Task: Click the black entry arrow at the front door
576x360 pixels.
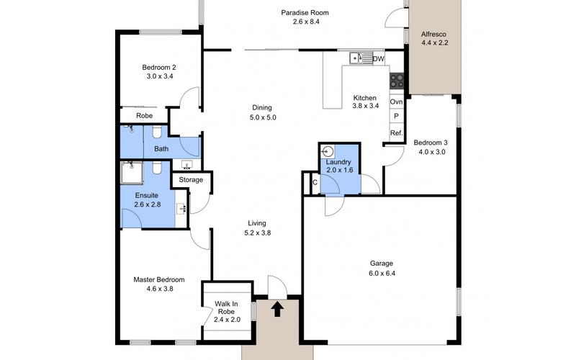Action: click(x=277, y=310)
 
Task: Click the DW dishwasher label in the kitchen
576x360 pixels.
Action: click(x=379, y=59)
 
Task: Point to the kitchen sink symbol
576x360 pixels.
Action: click(x=359, y=58)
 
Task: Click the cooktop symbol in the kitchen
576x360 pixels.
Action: click(x=397, y=81)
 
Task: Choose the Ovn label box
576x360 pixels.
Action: click(x=396, y=102)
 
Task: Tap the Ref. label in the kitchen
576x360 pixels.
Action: click(x=396, y=133)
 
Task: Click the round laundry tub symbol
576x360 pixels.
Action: click(x=329, y=152)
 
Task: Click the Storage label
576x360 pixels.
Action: click(x=191, y=179)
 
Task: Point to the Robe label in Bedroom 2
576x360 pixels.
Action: click(x=144, y=114)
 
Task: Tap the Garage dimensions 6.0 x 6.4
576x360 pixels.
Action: click(x=382, y=274)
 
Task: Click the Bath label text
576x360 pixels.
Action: click(x=161, y=149)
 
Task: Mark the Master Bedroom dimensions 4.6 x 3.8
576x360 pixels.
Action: click(x=158, y=289)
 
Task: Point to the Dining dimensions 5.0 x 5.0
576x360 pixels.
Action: click(x=263, y=117)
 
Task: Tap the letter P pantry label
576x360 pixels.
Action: click(x=396, y=117)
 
